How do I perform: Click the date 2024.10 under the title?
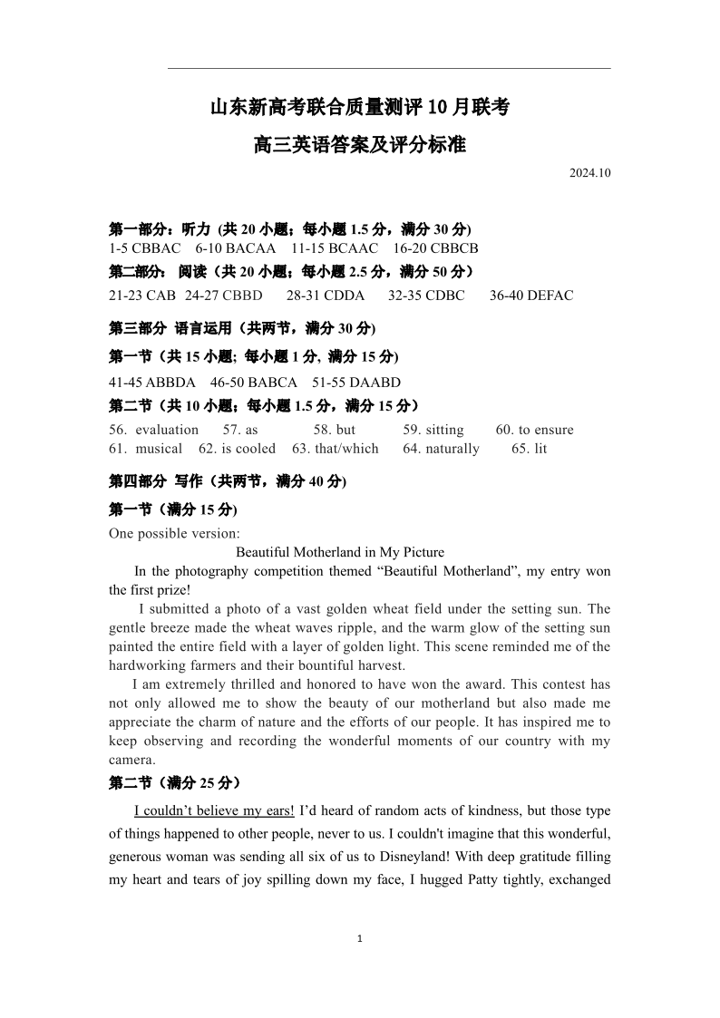pyautogui.click(x=590, y=173)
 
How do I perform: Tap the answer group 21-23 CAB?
pyautogui.click(x=142, y=296)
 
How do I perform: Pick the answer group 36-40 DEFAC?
pyautogui.click(x=531, y=296)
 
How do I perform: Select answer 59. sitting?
pyautogui.click(x=433, y=430)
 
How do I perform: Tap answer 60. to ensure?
pyautogui.click(x=535, y=430)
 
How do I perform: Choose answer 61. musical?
pyautogui.click(x=146, y=449)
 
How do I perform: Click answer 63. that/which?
pyautogui.click(x=336, y=449)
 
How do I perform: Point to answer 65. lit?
pyautogui.click(x=530, y=449)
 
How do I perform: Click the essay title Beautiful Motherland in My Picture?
pyautogui.click(x=340, y=552)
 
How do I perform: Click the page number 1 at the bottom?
pyautogui.click(x=360, y=939)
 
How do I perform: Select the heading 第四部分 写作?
pyautogui.click(x=159, y=480)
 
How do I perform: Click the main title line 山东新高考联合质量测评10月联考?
pyautogui.click(x=360, y=108)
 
